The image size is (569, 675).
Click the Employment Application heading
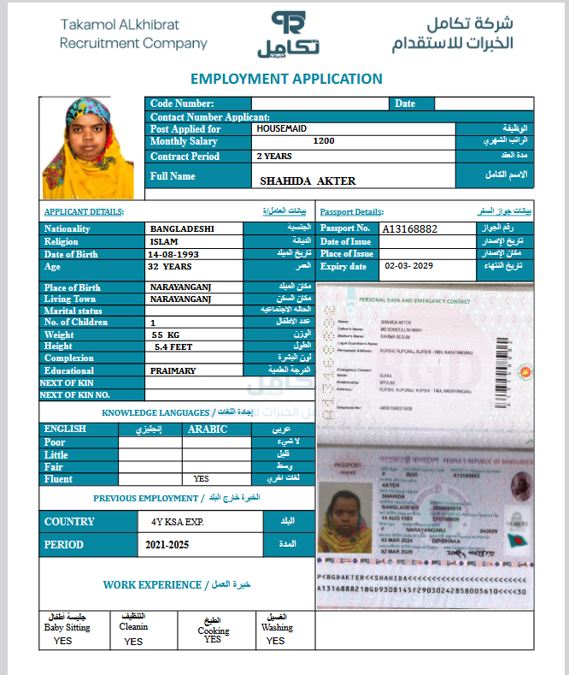286,79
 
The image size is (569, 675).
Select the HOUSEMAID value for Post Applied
283,128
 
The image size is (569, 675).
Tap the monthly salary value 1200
324,141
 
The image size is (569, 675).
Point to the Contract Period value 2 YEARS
274,157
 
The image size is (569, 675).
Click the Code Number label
182,104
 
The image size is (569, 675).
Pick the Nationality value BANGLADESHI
182,229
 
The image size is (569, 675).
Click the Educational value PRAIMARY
173,371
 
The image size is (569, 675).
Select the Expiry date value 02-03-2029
409,266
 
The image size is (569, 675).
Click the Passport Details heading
351,211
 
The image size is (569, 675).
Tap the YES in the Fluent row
202,479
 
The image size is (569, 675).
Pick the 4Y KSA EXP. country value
172,521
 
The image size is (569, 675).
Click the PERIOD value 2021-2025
167,544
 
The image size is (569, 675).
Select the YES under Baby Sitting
62,640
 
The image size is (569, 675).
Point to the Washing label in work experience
277,627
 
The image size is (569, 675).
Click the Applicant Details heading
84,211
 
